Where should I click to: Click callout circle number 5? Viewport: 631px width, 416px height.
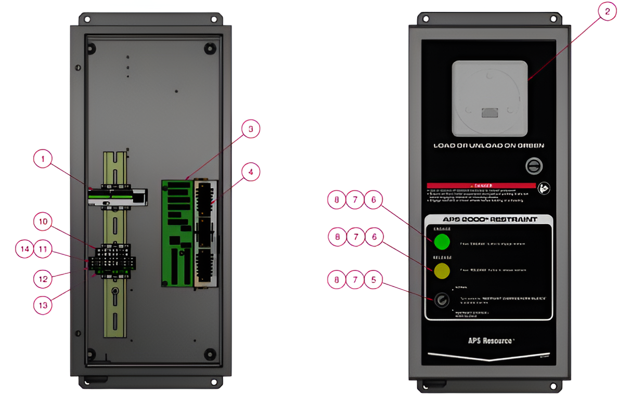coord(373,280)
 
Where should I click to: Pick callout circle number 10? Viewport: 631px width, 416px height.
coord(44,223)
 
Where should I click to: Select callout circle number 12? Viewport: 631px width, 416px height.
coord(44,279)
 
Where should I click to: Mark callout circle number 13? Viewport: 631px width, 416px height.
coord(44,305)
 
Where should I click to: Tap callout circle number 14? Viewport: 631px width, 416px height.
coord(25,249)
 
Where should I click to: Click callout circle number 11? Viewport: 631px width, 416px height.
coord(44,249)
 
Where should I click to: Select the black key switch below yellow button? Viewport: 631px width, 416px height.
coord(442,300)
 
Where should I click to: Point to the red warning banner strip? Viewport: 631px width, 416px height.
coord(481,185)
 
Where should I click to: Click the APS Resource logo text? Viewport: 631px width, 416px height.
coord(491,341)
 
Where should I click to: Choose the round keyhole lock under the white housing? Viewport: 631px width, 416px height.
coord(534,166)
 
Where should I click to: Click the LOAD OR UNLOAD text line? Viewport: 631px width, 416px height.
coord(488,146)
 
